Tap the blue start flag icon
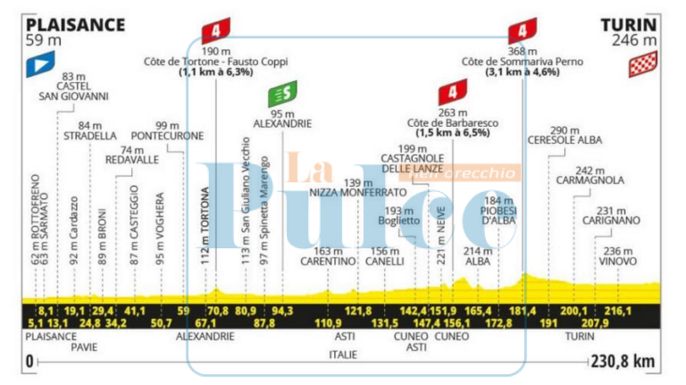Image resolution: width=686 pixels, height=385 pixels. (39, 63)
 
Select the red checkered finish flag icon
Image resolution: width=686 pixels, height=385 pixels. (643, 63)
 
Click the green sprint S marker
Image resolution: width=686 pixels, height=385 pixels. (282, 94)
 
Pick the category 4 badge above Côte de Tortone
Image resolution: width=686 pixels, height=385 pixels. (215, 31)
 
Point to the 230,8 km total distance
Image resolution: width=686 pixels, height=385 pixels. (624, 361)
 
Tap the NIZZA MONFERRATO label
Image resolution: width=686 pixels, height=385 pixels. (357, 192)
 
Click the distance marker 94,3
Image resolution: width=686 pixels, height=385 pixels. (281, 310)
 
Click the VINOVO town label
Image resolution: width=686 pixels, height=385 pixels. (618, 261)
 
